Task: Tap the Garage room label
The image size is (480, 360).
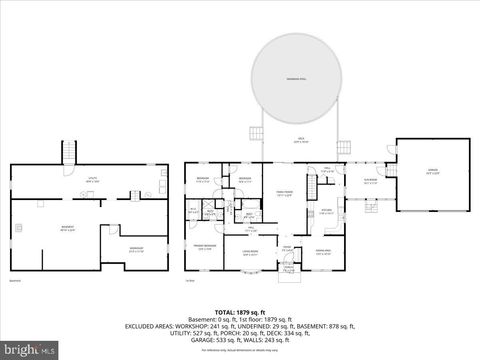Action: [433, 171]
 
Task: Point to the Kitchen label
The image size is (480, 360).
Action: [325, 210]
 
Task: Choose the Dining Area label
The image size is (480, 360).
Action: [322, 250]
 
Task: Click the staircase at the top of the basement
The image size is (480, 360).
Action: [70, 153]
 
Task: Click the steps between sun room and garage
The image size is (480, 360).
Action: [391, 169]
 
